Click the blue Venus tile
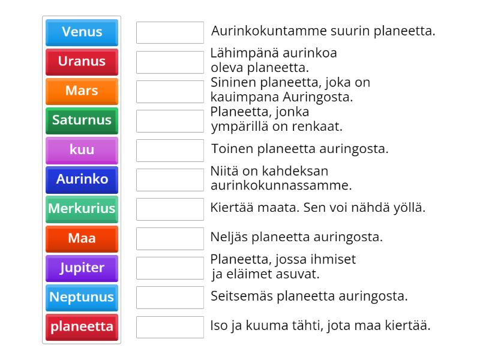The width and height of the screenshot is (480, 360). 82,32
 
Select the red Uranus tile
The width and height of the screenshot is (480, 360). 82,62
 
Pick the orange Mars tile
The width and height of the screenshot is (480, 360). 82,91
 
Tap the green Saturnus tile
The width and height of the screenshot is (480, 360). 82,121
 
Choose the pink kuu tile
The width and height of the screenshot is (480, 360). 82,150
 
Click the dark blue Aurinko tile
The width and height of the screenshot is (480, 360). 82,179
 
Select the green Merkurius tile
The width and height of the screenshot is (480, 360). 82,209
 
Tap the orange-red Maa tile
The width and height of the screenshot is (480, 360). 82,238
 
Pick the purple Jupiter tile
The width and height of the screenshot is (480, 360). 82,268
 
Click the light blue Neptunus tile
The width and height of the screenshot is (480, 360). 82,297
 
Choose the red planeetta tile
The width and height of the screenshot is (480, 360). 82,327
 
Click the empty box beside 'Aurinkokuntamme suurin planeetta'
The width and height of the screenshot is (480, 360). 170,32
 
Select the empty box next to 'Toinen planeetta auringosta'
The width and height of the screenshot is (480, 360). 170,151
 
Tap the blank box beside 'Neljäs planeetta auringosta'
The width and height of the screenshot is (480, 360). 170,239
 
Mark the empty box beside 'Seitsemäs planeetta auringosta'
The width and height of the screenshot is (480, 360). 170,298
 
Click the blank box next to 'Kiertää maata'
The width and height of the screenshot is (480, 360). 170,209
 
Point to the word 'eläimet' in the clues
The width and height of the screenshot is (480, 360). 246,274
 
